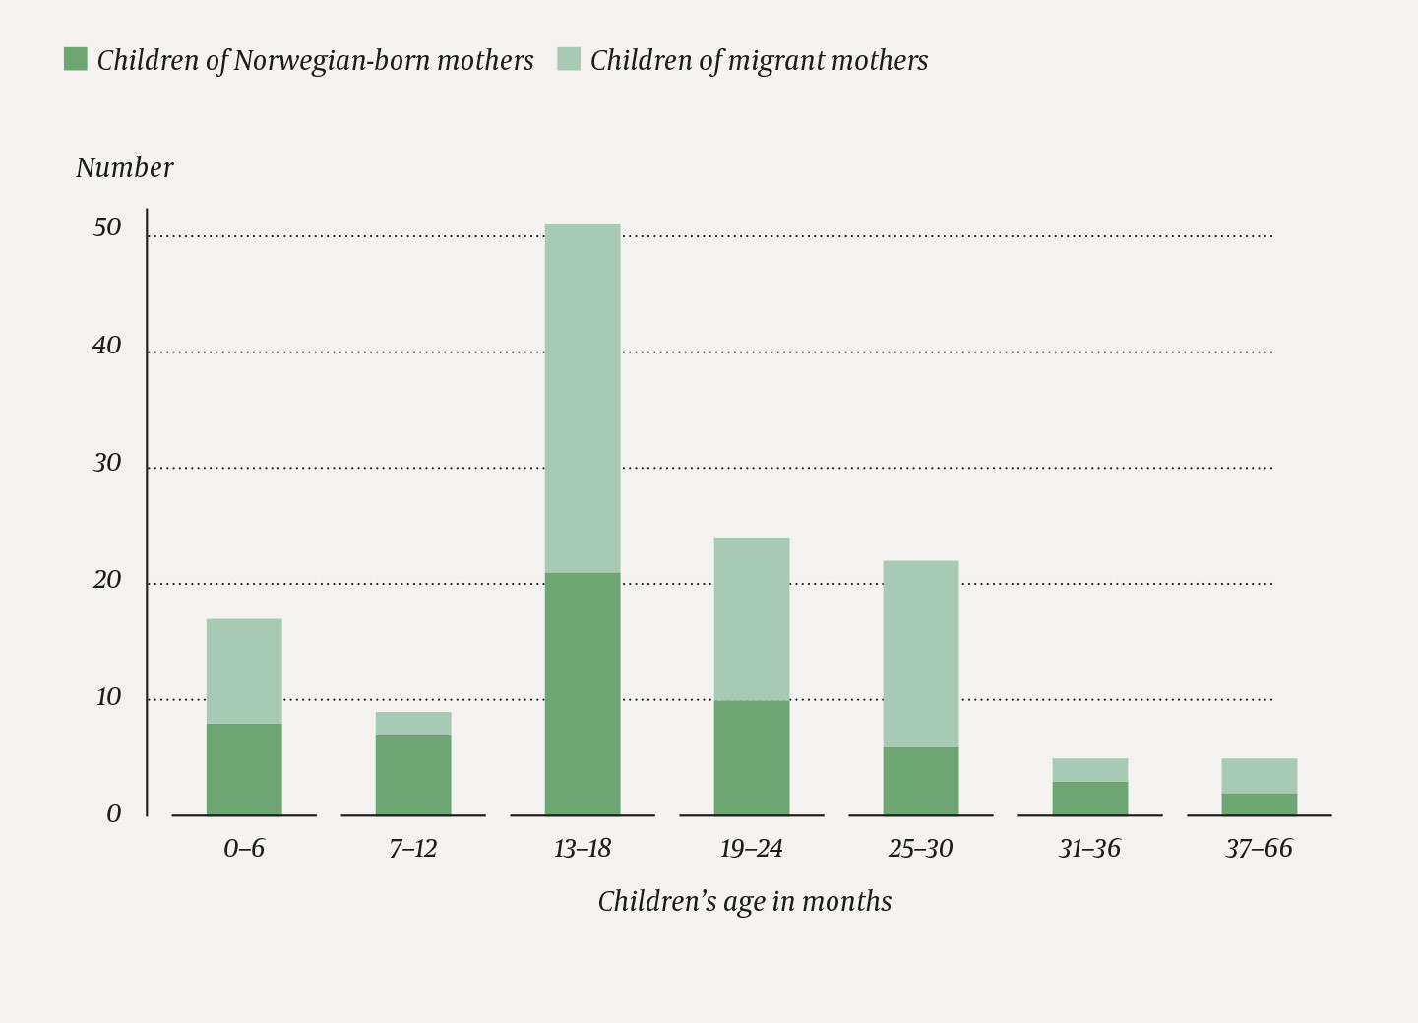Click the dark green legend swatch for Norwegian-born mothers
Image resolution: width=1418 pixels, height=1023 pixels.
pyautogui.click(x=76, y=59)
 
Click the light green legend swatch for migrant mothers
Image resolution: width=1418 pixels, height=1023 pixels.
pyautogui.click(x=569, y=59)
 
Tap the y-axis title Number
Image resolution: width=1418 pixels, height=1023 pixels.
pyautogui.click(x=125, y=168)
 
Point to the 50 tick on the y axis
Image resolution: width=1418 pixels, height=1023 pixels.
pyautogui.click(x=107, y=227)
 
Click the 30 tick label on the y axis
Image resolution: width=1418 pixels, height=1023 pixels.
pyautogui.click(x=107, y=463)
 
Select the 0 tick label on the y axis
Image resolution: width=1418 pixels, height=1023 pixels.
pyautogui.click(x=114, y=814)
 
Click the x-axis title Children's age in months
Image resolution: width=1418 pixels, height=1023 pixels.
pyautogui.click(x=745, y=902)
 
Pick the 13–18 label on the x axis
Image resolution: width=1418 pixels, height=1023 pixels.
pyautogui.click(x=583, y=849)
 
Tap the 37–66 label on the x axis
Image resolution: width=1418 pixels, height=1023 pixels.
pyautogui.click(x=1259, y=849)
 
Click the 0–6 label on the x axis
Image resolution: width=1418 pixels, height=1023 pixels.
pyautogui.click(x=244, y=849)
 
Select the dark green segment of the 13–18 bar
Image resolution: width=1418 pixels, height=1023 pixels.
pyautogui.click(x=583, y=694)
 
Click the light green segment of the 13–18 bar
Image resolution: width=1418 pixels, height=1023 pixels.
pyautogui.click(x=583, y=398)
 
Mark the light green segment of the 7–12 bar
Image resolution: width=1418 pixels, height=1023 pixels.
pyautogui.click(x=413, y=724)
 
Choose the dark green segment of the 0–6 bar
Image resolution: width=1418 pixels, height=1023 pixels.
pyautogui.click(x=244, y=769)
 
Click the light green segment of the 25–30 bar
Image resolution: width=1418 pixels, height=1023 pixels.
pyautogui.click(x=921, y=654)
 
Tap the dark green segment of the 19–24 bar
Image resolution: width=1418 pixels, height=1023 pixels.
pyautogui.click(x=752, y=757)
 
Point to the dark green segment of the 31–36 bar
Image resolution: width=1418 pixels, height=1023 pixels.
pyautogui.click(x=1090, y=799)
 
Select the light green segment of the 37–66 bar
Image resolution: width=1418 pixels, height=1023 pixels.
pyautogui.click(x=1259, y=776)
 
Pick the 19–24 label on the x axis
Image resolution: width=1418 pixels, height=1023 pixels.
pyautogui.click(x=752, y=849)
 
